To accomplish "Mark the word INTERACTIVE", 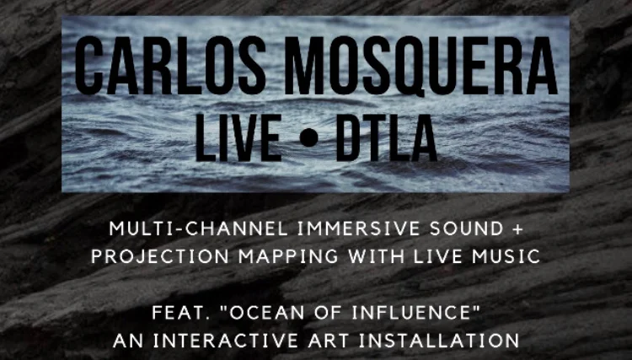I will point(218,342).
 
